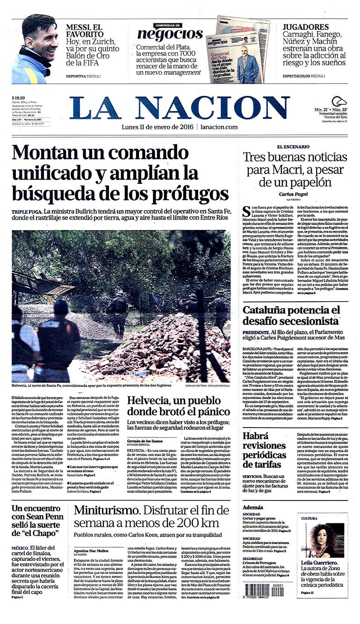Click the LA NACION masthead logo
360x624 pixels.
(180, 108)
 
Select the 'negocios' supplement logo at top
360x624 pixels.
(170, 34)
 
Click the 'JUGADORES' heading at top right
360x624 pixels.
(306, 27)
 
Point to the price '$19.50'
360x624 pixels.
(19, 98)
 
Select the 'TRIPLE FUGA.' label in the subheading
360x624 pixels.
(27, 212)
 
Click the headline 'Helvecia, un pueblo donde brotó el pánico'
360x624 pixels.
(178, 406)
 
